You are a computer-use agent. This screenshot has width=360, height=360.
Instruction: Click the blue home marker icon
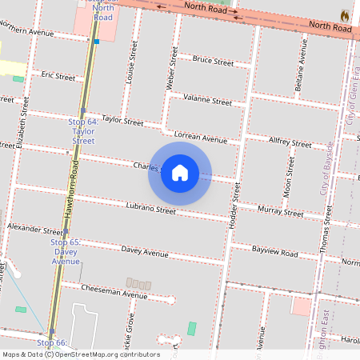coord(180,172)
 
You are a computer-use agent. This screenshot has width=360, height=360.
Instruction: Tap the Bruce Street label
coord(213,61)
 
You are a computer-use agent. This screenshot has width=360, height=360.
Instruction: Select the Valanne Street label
coord(207,101)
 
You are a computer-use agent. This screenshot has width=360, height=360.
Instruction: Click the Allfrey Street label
coord(290,142)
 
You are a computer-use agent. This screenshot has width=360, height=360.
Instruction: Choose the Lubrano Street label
coord(150,209)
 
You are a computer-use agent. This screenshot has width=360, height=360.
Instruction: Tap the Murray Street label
coord(281,212)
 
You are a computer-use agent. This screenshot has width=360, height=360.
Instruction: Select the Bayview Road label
coord(274,253)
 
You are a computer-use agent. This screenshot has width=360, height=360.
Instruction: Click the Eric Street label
coord(58,77)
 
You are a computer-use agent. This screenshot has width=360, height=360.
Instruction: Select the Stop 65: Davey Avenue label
coord(65,250)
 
